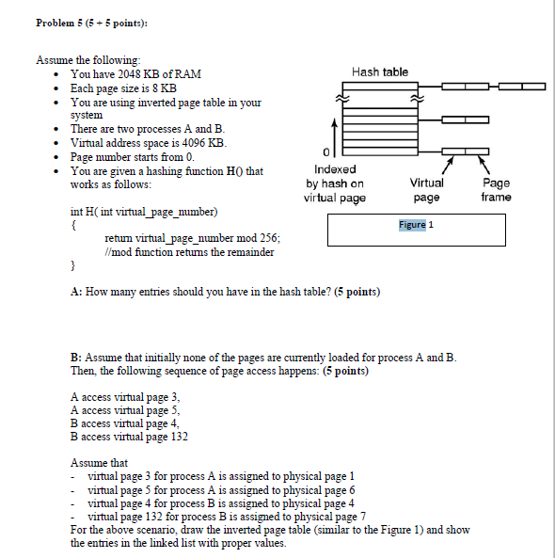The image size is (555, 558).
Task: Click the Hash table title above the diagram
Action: click(379, 72)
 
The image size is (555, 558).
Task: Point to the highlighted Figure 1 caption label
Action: click(416, 225)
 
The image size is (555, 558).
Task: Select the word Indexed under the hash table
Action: click(334, 170)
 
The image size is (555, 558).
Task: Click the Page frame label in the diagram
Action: click(496, 190)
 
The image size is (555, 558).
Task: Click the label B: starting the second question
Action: click(76, 358)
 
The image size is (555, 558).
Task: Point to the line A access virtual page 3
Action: click(124, 397)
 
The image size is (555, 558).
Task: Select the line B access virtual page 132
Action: click(129, 437)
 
